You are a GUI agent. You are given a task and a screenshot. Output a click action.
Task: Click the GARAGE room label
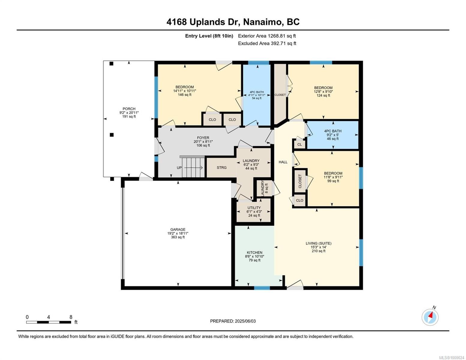pyautogui.click(x=178, y=229)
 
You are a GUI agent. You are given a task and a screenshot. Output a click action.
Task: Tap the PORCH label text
pyautogui.click(x=129, y=109)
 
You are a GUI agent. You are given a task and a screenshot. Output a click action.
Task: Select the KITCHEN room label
pyautogui.click(x=254, y=253)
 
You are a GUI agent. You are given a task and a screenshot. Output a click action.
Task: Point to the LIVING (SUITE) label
pyautogui.click(x=318, y=243)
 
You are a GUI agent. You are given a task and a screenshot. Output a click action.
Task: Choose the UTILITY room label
pyautogui.click(x=254, y=208)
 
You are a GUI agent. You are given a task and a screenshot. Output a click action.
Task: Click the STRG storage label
pyautogui.click(x=221, y=167)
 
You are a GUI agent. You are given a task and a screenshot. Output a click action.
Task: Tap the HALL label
pyautogui.click(x=283, y=162)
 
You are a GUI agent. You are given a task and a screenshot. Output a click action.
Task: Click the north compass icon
pyautogui.click(x=430, y=317)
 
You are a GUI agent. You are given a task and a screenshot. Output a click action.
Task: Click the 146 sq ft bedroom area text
pyautogui.click(x=185, y=95)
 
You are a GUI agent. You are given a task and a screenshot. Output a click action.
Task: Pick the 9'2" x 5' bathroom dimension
pyautogui.click(x=333, y=135)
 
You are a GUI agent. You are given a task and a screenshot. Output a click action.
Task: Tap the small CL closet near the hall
pyautogui.click(x=299, y=145)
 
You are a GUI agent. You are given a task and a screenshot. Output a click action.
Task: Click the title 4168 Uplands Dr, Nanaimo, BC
pyautogui.click(x=233, y=22)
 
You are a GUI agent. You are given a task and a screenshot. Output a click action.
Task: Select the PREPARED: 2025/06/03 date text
pyautogui.click(x=233, y=321)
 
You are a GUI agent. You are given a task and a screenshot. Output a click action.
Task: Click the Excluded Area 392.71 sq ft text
pyautogui.click(x=267, y=43)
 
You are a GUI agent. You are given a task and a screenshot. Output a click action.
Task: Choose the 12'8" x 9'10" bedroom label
pyautogui.click(x=323, y=91)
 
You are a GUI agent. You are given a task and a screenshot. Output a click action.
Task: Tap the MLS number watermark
pyautogui.click(x=452, y=358)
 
